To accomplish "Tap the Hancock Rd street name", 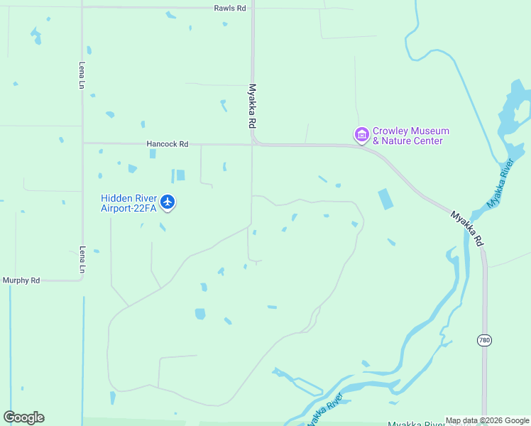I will [167, 143].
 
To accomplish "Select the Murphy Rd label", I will [21, 280].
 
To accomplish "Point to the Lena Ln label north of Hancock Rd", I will [82, 75].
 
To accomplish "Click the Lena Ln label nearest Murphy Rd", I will [82, 261].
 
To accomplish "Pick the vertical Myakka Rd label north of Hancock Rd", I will [252, 106].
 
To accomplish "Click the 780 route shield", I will [484, 340].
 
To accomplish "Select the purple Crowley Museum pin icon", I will [361, 134].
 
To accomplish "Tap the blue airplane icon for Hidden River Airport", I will [168, 203].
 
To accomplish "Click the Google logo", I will [24, 417].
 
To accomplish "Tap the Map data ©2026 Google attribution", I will [487, 420].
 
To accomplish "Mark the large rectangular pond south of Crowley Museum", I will [384, 199].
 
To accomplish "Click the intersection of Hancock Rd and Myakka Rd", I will [253, 144].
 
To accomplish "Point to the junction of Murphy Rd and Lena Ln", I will [82, 280].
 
